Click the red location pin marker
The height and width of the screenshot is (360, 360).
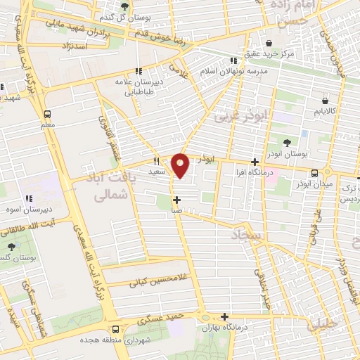(x=181, y=166)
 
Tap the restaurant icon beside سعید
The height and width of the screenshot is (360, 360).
(x=156, y=161)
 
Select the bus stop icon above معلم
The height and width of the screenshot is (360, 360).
(x=47, y=114)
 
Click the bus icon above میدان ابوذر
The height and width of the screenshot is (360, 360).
(x=314, y=173)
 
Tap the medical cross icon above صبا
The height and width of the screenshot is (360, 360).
(x=176, y=200)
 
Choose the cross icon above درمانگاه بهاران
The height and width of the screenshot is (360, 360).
(x=224, y=317)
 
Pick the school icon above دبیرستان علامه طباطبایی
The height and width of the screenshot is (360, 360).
(x=138, y=71)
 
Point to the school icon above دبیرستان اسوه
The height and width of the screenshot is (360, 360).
(x=29, y=199)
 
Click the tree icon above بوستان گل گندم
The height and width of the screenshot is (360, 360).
(x=124, y=6)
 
